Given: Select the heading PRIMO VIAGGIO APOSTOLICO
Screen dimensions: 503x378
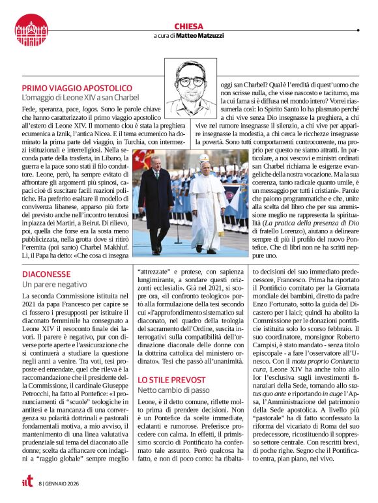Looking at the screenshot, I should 77,88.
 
